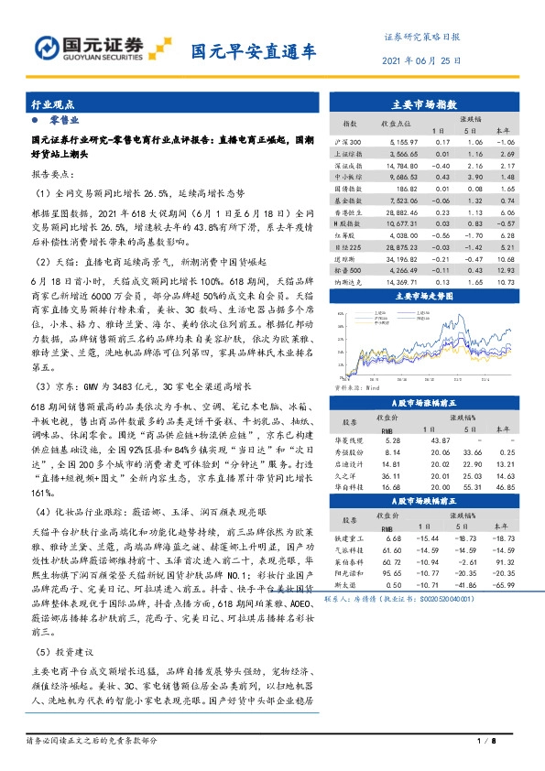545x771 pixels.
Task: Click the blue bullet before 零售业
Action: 35,120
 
